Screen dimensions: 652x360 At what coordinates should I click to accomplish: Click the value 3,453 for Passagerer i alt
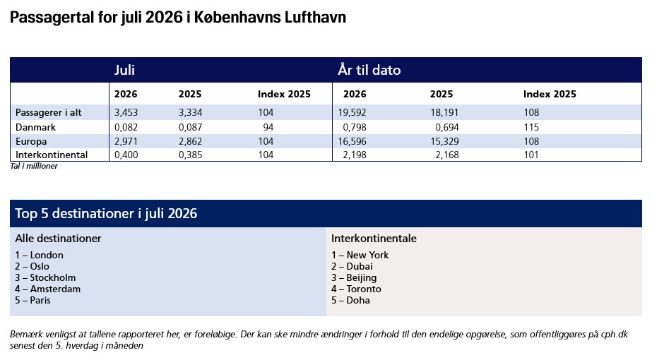pos(126,112)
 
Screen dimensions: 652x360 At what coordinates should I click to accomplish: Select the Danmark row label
pos(35,127)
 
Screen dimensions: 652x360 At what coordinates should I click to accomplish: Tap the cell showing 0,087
pos(191,127)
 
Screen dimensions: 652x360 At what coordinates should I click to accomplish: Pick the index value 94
pos(268,127)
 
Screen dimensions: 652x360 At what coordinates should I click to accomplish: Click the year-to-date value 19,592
pos(352,112)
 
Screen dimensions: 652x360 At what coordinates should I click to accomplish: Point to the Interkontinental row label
pos(52,155)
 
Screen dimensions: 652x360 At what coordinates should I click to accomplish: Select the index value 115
pos(531,127)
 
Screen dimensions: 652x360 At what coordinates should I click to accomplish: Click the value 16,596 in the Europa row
pos(352,141)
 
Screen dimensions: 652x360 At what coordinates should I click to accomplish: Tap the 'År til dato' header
pos(369,70)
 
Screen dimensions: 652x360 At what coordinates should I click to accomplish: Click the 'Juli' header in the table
pos(125,70)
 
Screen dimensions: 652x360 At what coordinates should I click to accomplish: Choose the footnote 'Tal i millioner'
pos(34,166)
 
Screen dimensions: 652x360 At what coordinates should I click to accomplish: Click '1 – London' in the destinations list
pos(39,255)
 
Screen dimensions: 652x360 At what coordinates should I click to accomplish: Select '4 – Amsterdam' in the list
pos(48,289)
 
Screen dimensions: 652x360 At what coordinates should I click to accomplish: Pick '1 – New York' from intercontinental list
pos(360,255)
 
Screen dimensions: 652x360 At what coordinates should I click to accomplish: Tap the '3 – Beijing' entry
pos(354,277)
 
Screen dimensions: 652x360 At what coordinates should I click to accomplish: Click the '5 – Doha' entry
pos(350,300)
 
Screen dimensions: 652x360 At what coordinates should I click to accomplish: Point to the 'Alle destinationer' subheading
pos(58,238)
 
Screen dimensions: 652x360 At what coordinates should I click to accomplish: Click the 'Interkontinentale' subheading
pos(374,238)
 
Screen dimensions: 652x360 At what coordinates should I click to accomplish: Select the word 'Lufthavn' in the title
pos(315,18)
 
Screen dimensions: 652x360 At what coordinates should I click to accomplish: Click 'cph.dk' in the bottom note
pos(615,334)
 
